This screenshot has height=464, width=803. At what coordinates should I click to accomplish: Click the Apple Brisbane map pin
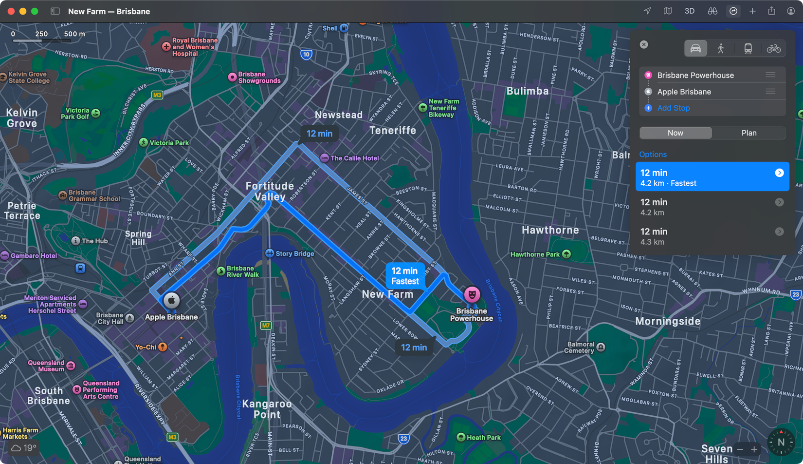click(171, 300)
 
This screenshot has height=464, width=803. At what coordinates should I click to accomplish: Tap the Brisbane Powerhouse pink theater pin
click(472, 294)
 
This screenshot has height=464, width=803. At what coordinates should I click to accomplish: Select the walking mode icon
click(721, 48)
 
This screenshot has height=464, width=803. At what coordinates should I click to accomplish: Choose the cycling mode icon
click(773, 48)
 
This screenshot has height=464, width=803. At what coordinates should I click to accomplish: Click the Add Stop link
click(673, 108)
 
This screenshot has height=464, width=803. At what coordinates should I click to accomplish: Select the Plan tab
click(748, 133)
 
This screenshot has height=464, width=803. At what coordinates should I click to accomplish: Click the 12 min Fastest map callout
click(405, 276)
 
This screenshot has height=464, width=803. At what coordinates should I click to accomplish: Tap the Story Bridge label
click(294, 253)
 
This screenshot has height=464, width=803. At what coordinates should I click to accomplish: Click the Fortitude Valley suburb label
click(270, 191)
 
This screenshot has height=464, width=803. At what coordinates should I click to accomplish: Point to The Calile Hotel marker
click(325, 158)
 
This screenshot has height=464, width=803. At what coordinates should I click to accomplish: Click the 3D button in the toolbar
click(689, 11)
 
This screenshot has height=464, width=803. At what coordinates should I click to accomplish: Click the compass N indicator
click(781, 442)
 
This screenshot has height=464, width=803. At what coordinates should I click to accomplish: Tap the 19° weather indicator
click(24, 447)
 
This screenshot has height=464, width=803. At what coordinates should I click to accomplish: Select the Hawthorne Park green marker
click(566, 254)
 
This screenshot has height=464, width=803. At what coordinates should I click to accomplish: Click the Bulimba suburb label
click(527, 91)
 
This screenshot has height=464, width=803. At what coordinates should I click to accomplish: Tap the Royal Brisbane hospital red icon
click(166, 47)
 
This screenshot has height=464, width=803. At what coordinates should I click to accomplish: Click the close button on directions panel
click(644, 44)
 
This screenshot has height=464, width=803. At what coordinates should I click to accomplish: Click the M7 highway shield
click(266, 325)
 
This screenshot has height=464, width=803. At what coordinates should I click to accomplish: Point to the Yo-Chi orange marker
click(163, 347)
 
